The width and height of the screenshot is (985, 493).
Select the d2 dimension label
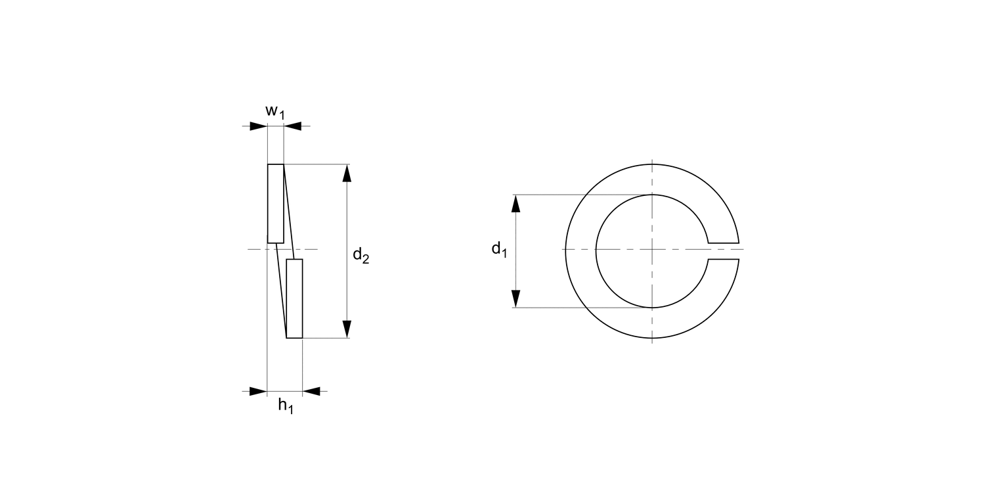coord(361,255)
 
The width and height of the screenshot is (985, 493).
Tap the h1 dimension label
coord(286,406)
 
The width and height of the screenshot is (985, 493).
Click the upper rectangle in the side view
coord(276,203)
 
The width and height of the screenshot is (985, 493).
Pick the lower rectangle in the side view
coord(294,298)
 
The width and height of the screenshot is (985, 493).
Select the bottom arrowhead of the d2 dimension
coord(347,329)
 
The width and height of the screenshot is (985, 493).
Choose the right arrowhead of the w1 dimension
coord(293,126)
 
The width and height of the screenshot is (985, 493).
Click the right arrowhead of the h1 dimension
coord(311,392)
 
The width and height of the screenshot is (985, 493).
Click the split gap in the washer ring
coord(724,251)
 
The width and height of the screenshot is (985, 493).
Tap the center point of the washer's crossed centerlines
coord(652,250)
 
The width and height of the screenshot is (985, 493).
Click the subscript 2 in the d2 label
coord(365,260)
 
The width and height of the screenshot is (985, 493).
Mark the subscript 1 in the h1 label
coord(290,410)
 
